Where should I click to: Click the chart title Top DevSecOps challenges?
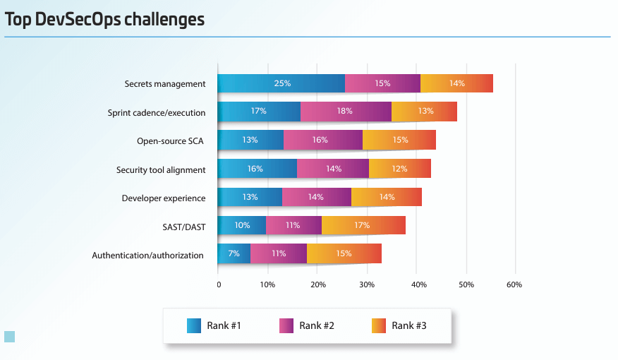click(x=104, y=20)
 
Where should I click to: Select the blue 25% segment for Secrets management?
click(x=281, y=83)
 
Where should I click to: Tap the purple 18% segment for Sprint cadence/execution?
click(x=346, y=112)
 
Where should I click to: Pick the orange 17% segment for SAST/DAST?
click(x=363, y=225)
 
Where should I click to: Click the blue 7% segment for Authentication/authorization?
click(x=234, y=253)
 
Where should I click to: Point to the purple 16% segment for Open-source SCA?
click(x=323, y=140)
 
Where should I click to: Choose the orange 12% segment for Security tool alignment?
click(x=399, y=169)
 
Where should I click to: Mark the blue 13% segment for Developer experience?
click(x=250, y=197)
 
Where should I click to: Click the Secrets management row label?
click(x=165, y=84)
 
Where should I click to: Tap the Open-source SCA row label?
click(x=170, y=141)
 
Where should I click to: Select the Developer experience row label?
click(x=163, y=198)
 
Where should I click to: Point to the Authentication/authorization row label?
click(x=147, y=255)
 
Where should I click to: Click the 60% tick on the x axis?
click(x=514, y=284)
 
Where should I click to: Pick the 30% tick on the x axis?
click(x=366, y=284)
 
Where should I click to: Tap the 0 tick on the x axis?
click(x=219, y=284)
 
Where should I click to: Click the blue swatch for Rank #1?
click(x=194, y=325)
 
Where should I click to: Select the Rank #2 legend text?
click(x=316, y=325)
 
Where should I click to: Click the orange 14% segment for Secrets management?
click(x=456, y=83)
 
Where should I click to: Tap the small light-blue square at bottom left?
click(x=9, y=336)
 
